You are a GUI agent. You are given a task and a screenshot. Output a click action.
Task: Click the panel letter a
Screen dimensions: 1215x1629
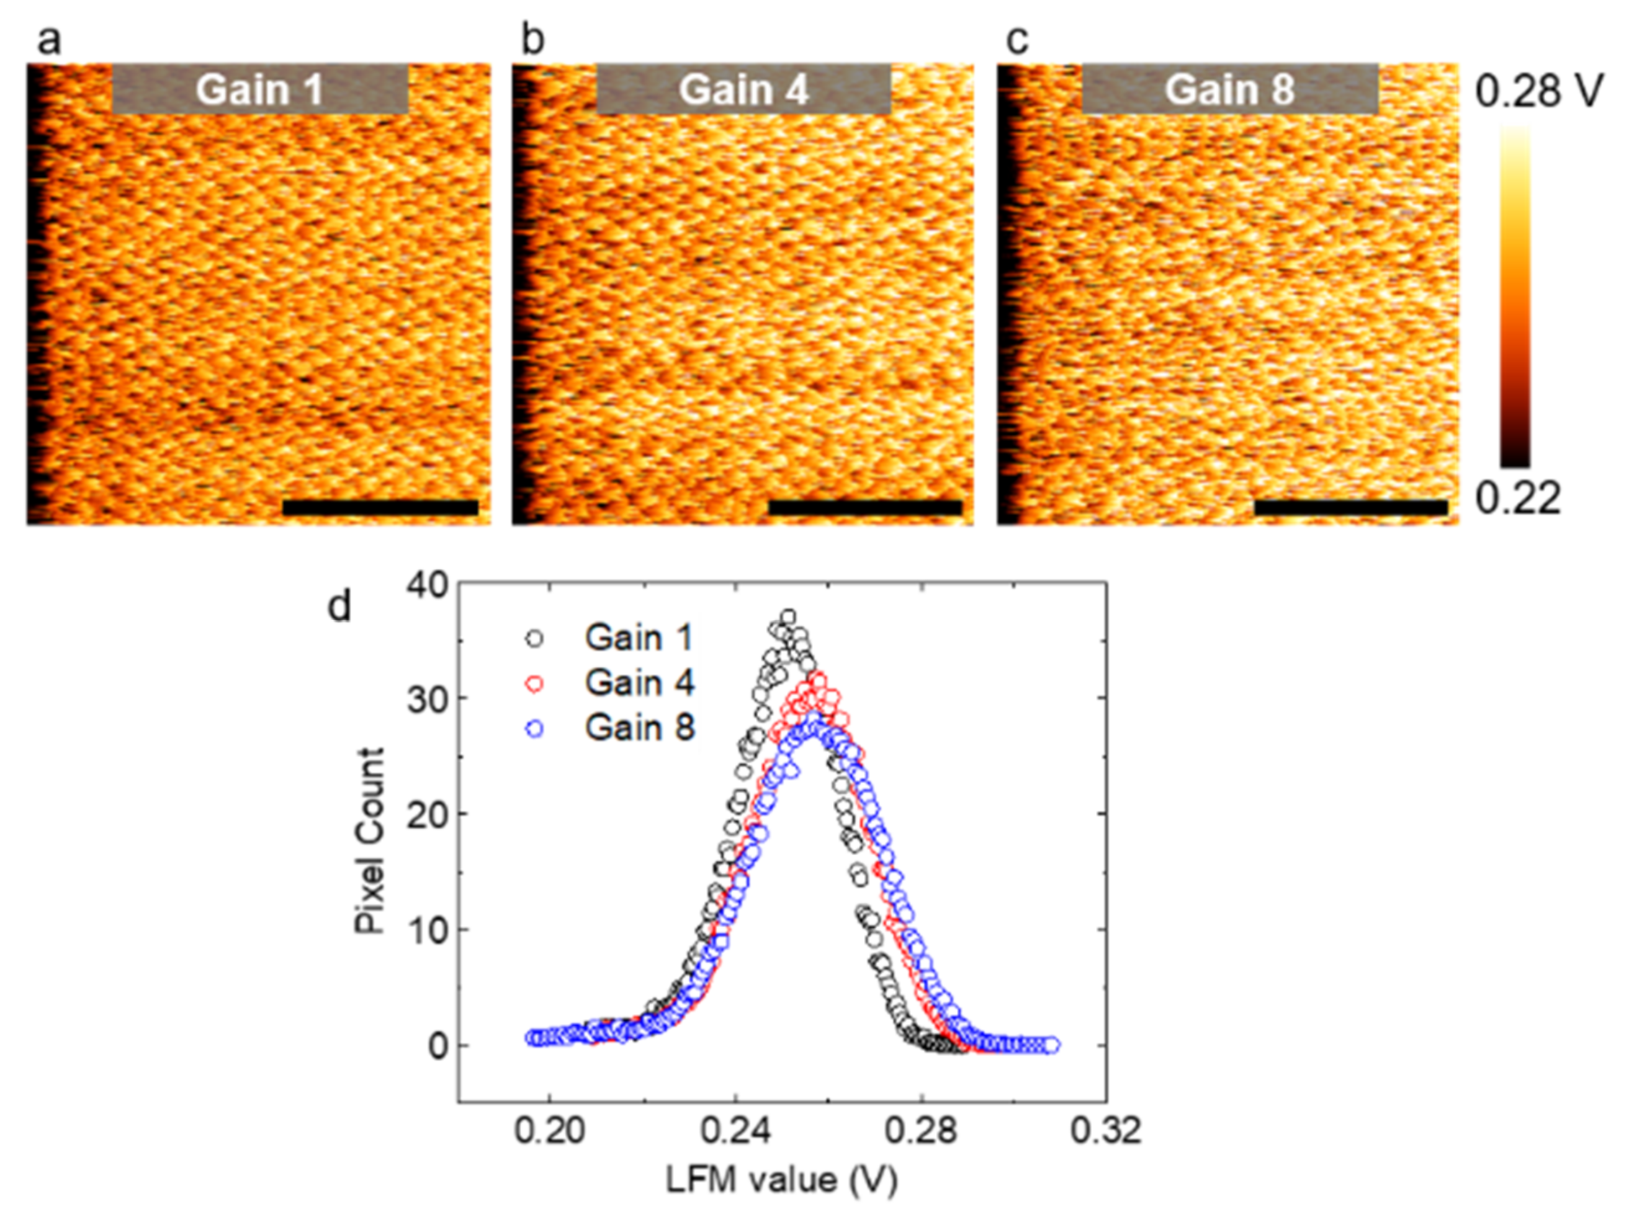click(48, 40)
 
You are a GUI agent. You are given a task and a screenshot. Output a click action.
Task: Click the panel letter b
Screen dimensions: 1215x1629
click(532, 40)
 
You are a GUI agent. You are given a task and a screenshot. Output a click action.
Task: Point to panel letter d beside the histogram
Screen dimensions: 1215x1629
click(339, 607)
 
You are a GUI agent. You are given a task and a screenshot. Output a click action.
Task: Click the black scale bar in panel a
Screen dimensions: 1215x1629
click(380, 507)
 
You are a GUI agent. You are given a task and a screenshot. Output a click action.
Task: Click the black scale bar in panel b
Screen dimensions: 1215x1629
click(865, 507)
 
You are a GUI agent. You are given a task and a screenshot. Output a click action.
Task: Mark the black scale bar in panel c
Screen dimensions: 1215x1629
click(1350, 507)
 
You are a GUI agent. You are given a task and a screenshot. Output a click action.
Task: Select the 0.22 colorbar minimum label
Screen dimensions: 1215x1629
click(1518, 499)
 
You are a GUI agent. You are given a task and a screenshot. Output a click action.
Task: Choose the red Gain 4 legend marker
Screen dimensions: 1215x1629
click(534, 684)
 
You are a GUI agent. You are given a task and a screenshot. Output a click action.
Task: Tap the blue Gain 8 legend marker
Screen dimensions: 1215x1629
click(534, 729)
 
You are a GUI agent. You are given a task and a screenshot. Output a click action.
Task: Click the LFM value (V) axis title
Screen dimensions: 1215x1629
click(781, 1181)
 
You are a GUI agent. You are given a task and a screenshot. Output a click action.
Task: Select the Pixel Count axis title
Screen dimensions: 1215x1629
click(370, 840)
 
